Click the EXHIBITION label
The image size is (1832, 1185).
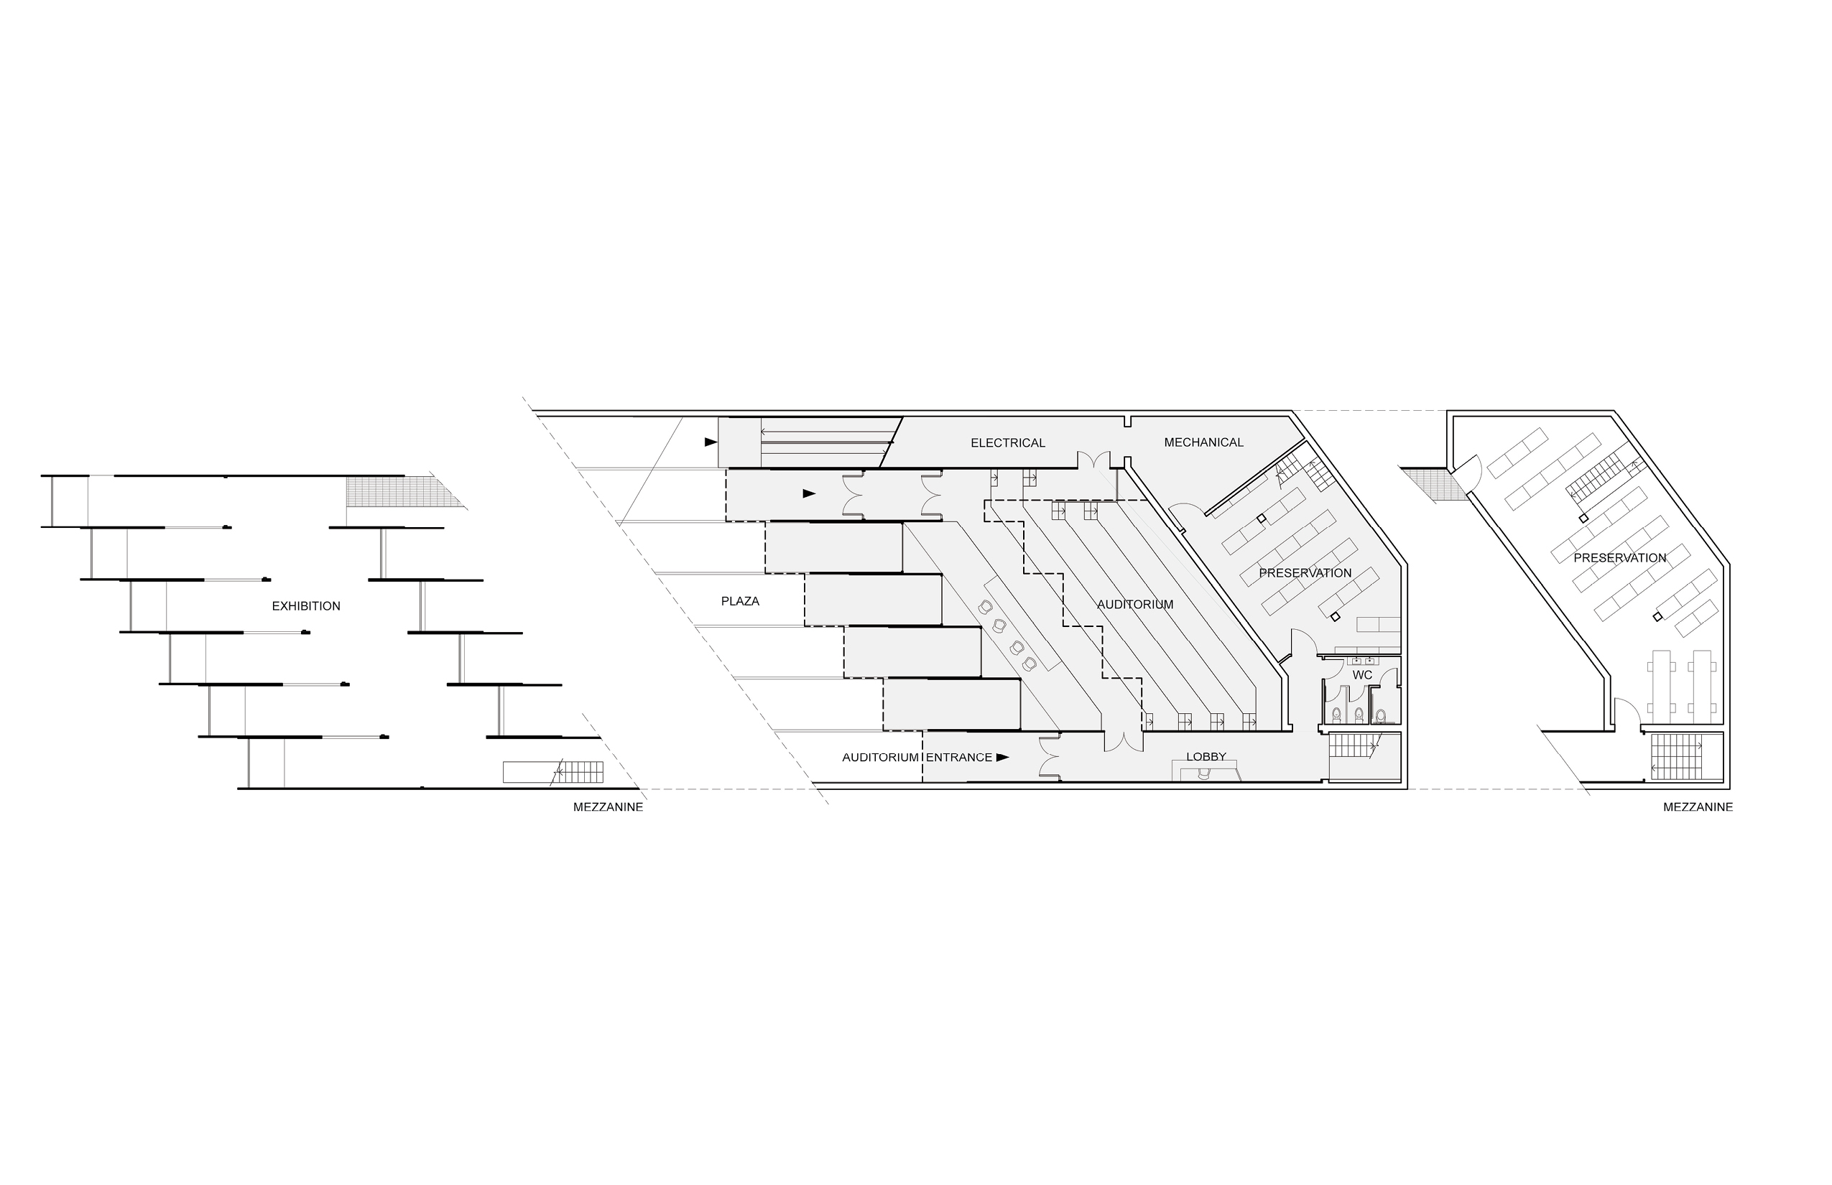(x=305, y=606)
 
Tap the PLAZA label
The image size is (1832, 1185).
(x=740, y=601)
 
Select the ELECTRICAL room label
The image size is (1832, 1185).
(x=1007, y=443)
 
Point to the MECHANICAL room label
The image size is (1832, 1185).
(x=1203, y=442)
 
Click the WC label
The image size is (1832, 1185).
(x=1362, y=675)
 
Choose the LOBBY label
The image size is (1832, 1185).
(x=1206, y=757)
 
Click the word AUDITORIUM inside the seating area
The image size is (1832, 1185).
(x=1134, y=605)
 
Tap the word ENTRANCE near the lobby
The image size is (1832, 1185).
(x=958, y=757)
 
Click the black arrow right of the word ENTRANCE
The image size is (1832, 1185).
(x=1002, y=757)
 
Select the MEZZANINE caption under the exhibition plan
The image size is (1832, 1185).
(x=607, y=807)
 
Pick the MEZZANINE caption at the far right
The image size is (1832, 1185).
(x=1698, y=807)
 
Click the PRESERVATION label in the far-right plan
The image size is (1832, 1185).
(x=1619, y=558)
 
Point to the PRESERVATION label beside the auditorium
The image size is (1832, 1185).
(x=1305, y=573)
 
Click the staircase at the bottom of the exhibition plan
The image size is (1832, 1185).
(x=578, y=772)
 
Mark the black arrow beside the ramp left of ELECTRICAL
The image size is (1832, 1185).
(x=711, y=442)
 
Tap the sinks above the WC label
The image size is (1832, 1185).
(x=1362, y=661)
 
